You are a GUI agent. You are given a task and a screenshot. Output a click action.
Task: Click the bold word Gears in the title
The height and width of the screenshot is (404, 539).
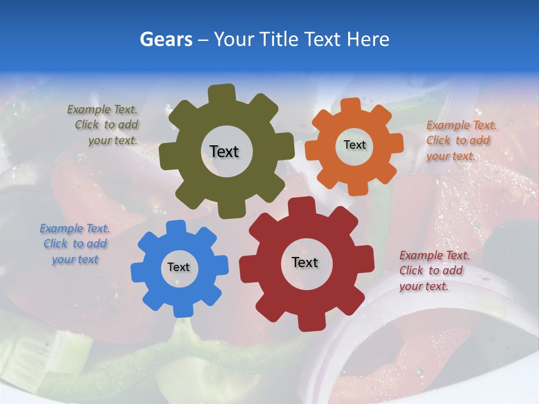165,39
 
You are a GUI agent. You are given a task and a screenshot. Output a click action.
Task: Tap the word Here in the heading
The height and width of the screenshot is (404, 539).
368,39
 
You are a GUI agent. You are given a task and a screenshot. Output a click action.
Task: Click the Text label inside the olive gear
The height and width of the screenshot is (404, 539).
224,151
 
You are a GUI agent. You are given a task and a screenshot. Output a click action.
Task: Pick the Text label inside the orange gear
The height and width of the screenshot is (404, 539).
354,145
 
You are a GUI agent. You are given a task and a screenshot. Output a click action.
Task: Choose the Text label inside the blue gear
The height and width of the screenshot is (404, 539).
179,267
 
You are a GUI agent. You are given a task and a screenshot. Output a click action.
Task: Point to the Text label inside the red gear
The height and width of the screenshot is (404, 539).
305,262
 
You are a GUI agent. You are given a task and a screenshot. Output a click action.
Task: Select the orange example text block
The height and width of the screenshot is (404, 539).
460,140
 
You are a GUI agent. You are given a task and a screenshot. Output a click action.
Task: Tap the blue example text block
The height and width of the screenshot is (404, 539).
75,244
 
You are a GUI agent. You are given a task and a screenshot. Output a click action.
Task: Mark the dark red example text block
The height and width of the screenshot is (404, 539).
433,270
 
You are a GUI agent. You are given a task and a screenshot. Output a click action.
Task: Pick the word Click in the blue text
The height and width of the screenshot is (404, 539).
56,244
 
